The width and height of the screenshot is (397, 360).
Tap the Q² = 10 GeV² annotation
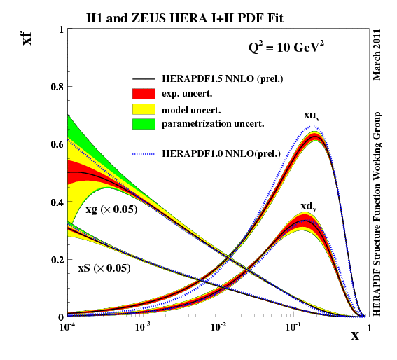click(282, 49)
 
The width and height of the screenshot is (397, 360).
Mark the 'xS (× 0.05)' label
click(104, 268)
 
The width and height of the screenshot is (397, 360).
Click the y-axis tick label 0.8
click(55, 87)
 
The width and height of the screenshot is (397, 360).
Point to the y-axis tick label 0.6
click(55, 144)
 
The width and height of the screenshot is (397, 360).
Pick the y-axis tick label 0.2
click(55, 260)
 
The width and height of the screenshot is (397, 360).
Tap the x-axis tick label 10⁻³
click(143, 327)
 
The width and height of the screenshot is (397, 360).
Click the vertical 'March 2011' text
click(378, 53)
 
